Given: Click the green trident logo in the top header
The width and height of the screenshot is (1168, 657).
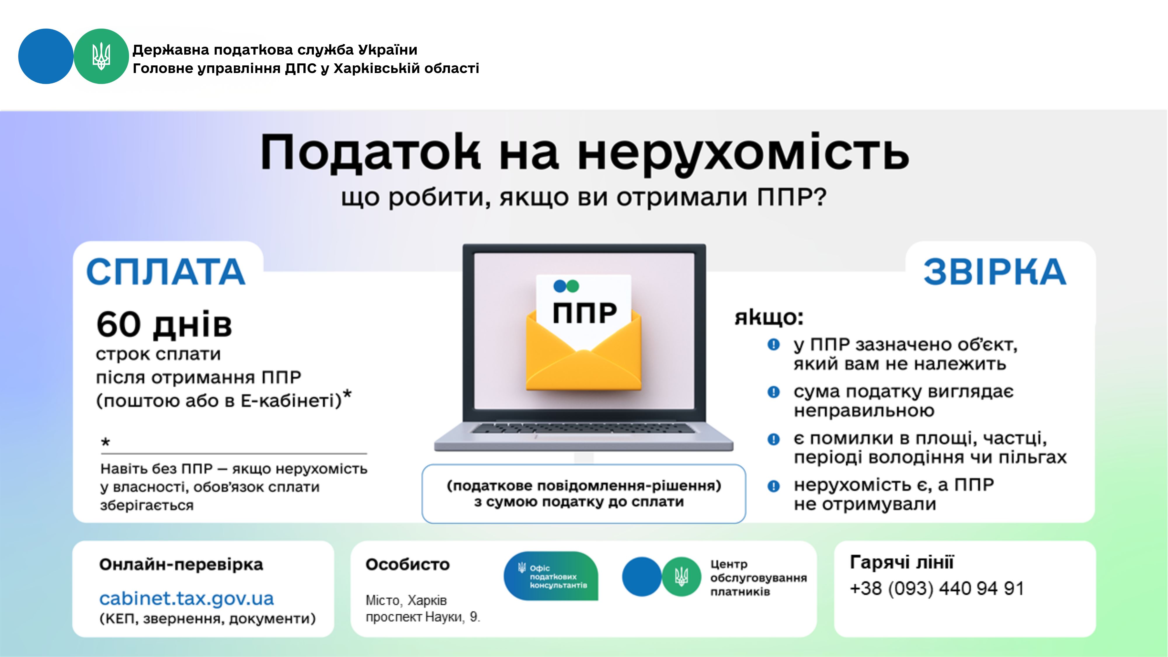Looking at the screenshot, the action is pos(101,56).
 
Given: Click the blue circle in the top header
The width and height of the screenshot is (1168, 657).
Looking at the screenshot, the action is pos(46,56).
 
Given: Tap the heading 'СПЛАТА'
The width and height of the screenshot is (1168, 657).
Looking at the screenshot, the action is pos(166,272).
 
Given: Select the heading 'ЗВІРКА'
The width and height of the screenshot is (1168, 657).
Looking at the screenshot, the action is pos(995,272).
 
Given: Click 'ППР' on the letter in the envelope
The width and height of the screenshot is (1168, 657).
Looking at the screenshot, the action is pos(585,313).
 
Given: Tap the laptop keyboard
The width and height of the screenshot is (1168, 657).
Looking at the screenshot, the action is pos(583,428).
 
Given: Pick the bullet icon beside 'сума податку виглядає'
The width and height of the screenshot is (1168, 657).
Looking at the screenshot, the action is pos(774,392).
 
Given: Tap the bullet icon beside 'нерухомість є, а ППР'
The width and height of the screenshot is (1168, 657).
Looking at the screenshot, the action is pos(774,486).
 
